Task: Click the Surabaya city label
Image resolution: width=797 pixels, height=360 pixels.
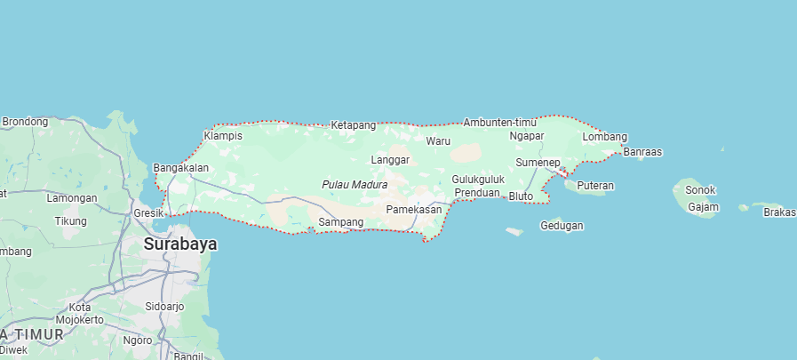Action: [x=179, y=244]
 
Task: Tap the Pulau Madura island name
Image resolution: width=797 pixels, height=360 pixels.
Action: [x=355, y=185]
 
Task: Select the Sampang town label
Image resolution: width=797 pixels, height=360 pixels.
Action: [x=340, y=221]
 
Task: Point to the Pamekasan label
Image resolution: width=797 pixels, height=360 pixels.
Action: [x=414, y=209]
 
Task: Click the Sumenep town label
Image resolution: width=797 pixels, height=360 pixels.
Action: [x=538, y=163]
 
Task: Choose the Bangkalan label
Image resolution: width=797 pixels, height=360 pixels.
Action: [x=181, y=167]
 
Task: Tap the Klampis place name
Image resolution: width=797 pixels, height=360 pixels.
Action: [x=222, y=136]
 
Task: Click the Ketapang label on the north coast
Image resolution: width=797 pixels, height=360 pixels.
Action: [x=354, y=125]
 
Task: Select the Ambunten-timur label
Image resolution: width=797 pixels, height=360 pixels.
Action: [x=499, y=122]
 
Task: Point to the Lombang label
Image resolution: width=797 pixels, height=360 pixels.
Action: [x=604, y=137]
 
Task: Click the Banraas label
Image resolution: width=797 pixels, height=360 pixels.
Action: [x=642, y=152]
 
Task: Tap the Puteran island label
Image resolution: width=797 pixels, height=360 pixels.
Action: [x=595, y=186]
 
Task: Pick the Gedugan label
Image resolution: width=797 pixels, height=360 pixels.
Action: [x=562, y=226]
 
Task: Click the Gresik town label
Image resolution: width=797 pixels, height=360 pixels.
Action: [x=148, y=213]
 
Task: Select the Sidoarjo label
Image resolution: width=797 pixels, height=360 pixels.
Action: [x=164, y=307]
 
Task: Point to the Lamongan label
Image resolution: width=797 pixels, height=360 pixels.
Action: [x=72, y=198]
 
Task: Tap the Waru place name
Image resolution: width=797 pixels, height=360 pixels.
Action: [x=438, y=141]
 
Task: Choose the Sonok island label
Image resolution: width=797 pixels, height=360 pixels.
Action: [x=700, y=190]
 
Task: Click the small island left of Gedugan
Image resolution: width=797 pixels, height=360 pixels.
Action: [x=514, y=232]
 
